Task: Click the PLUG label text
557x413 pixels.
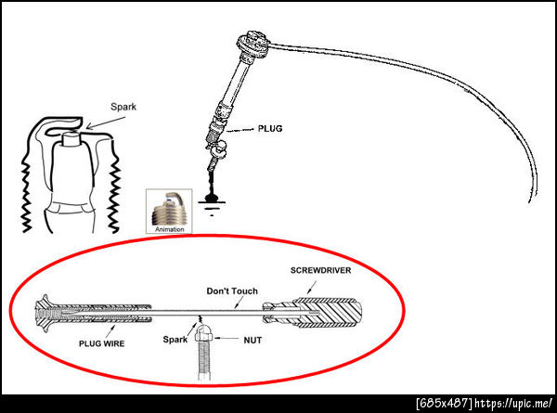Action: tap(270, 129)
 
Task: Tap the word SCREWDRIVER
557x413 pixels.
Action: tap(321, 270)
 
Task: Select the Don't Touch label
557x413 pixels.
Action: tap(232, 291)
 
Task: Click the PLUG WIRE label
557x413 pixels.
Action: tap(101, 343)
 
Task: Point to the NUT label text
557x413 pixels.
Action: tap(253, 341)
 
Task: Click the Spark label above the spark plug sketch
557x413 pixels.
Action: tap(123, 107)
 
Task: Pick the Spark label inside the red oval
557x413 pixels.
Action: tap(175, 340)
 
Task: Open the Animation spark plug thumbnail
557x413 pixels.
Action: tap(169, 211)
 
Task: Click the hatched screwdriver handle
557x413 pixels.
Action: tap(327, 313)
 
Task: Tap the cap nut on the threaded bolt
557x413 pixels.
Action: tap(203, 334)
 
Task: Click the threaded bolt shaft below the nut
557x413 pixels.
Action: tap(204, 360)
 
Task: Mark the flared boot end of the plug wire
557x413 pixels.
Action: tap(45, 313)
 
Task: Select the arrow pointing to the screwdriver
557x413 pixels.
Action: tap(312, 288)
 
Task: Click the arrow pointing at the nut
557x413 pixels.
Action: tap(226, 339)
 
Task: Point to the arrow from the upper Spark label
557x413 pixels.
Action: tap(106, 123)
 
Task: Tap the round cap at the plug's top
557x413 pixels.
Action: tap(253, 45)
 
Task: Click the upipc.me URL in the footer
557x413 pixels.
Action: tap(513, 404)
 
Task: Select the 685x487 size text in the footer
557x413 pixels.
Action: tap(445, 404)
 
